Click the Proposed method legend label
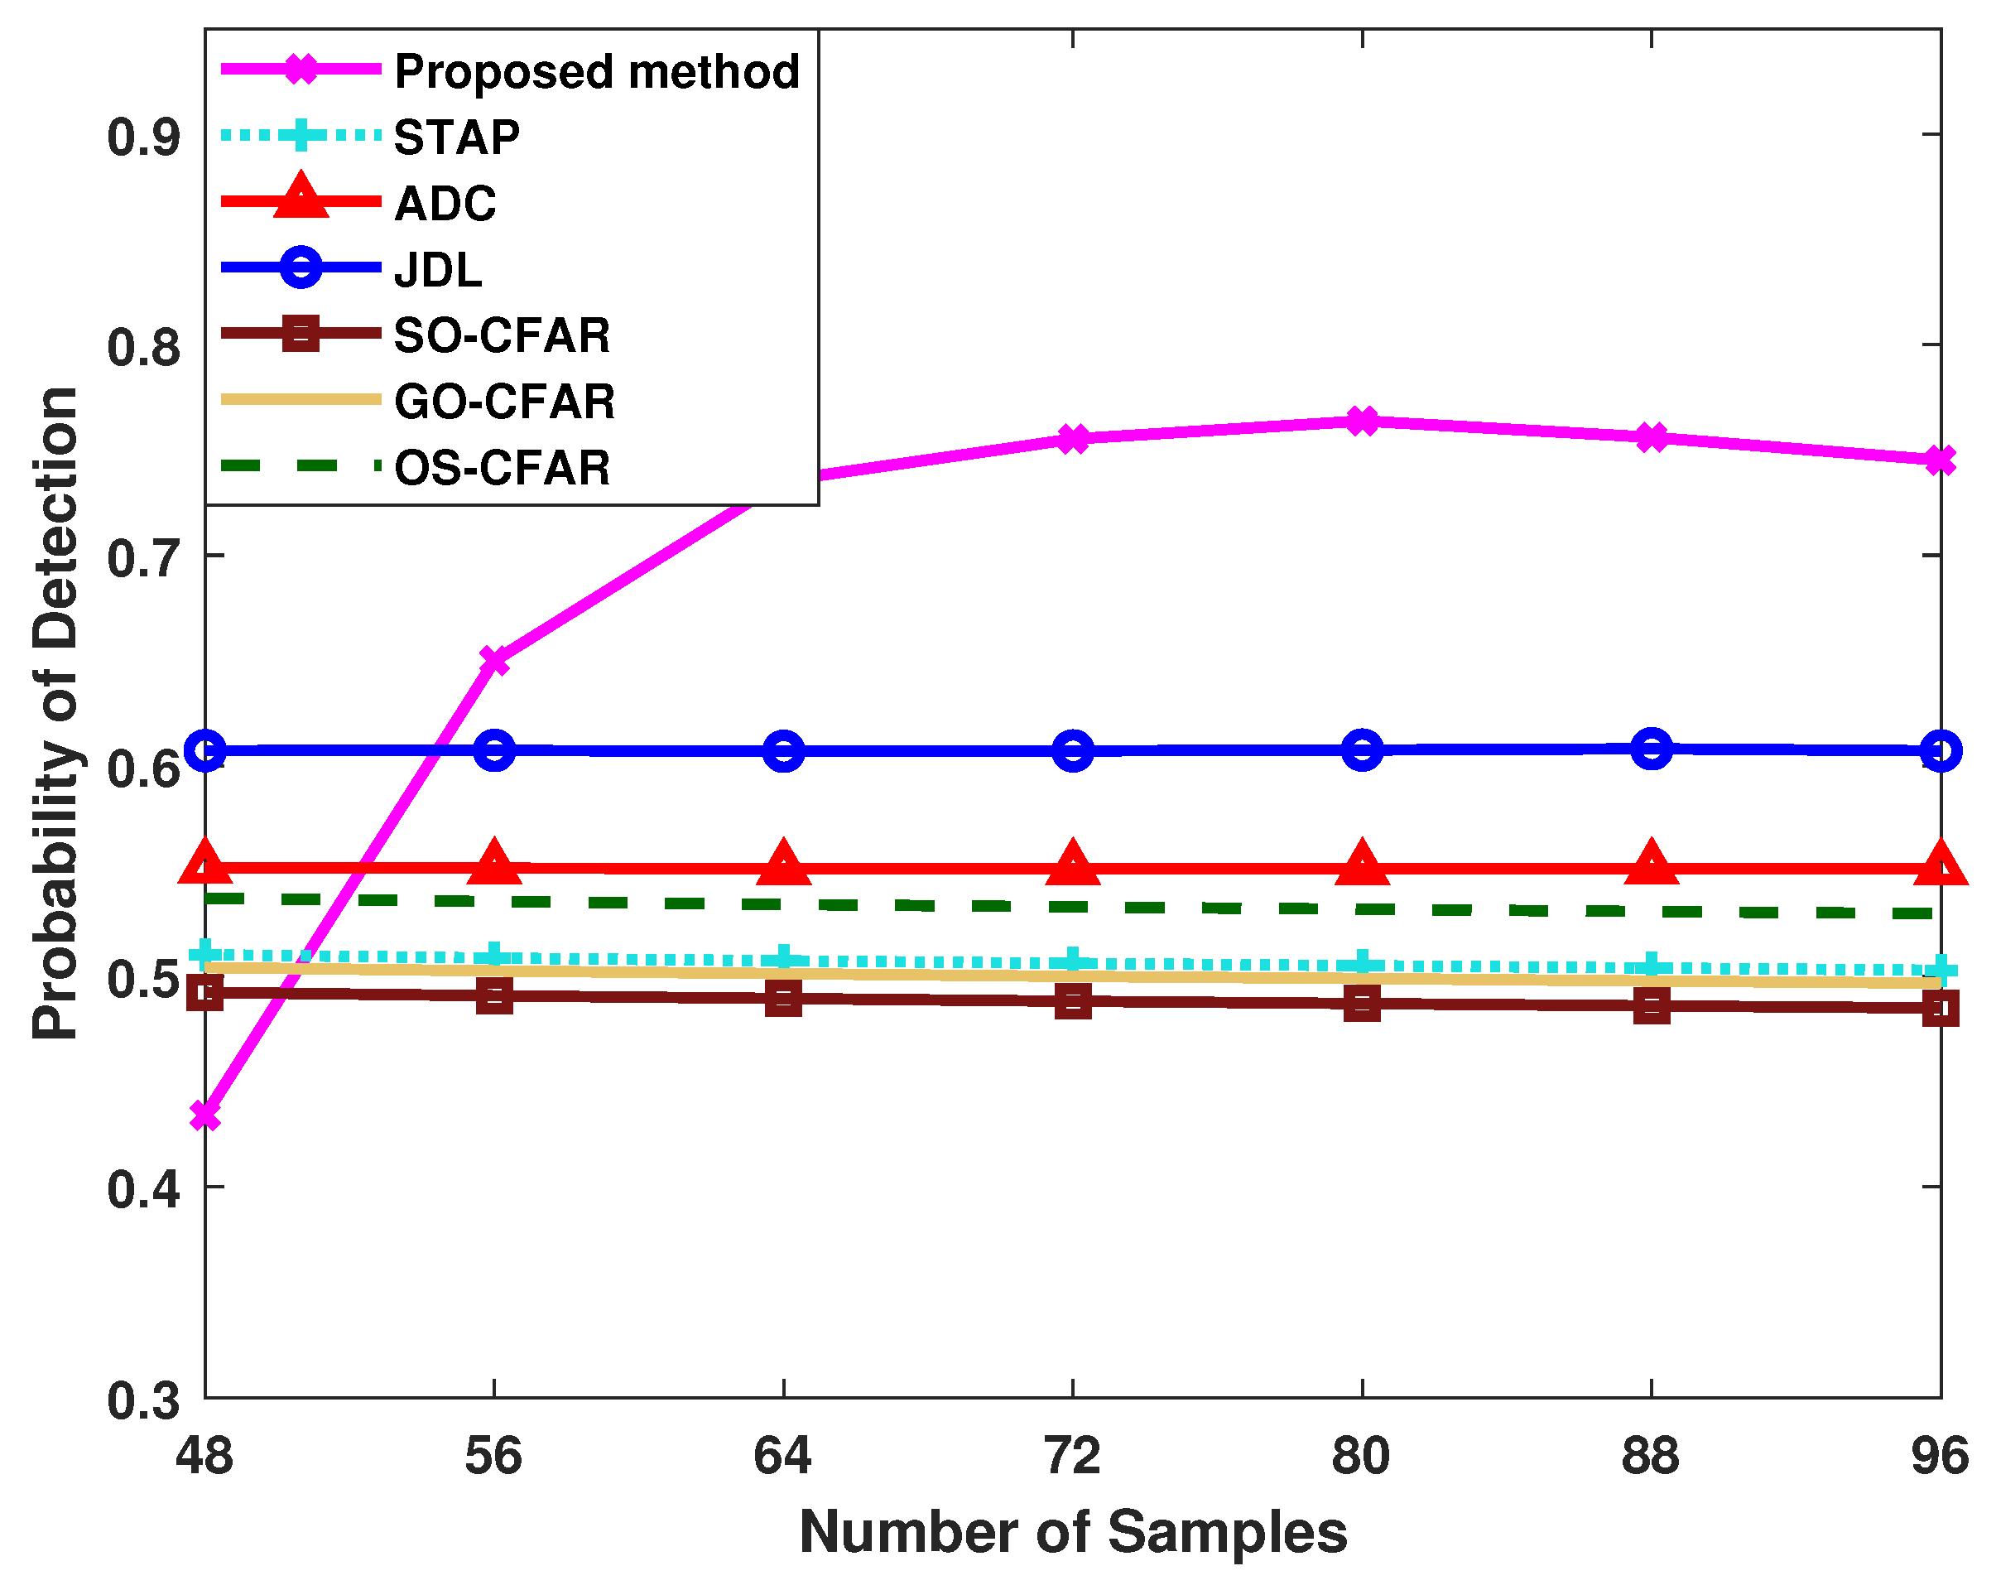[x=596, y=71]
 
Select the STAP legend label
[x=456, y=137]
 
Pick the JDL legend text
[x=438, y=269]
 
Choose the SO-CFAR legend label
[x=502, y=335]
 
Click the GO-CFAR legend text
[x=504, y=402]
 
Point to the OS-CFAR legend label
[x=502, y=468]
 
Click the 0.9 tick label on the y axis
[x=143, y=137]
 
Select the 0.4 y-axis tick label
[x=143, y=1189]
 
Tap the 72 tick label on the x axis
[x=1072, y=1456]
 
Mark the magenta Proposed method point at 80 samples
[x=1362, y=422]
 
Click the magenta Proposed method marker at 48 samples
[x=205, y=1115]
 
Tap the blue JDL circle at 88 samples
[x=1652, y=749]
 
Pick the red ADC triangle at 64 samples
[x=783, y=864]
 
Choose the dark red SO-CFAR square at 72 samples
[x=1073, y=1001]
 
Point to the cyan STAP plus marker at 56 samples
[x=494, y=956]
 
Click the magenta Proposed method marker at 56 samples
[x=494, y=660]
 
